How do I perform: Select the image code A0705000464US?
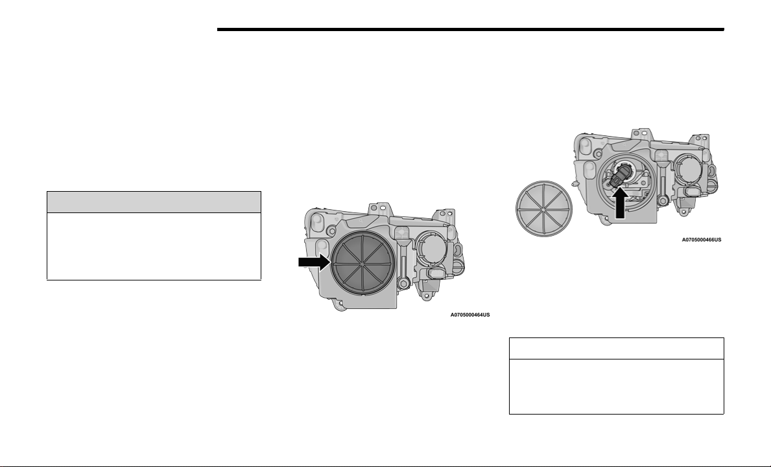click(x=470, y=315)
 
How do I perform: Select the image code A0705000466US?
click(x=701, y=240)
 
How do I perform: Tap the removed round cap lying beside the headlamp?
click(x=544, y=209)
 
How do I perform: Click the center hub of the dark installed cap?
click(x=362, y=264)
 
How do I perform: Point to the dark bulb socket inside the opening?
click(x=618, y=176)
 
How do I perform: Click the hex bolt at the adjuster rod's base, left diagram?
click(x=403, y=283)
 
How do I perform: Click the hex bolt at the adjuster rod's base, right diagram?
click(x=662, y=201)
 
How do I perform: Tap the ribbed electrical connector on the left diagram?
click(x=436, y=273)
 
